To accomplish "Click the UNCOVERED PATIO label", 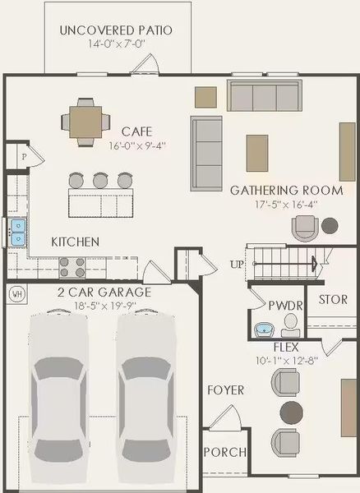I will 116,30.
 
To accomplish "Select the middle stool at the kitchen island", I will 101,180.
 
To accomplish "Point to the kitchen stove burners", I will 73,267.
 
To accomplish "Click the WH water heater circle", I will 16,293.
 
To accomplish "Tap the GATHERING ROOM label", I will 274,190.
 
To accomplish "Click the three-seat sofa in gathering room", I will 263,97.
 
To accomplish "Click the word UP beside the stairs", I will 236,265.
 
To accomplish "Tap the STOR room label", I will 333,300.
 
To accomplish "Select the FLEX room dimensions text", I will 285,359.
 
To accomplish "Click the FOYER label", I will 224,389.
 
